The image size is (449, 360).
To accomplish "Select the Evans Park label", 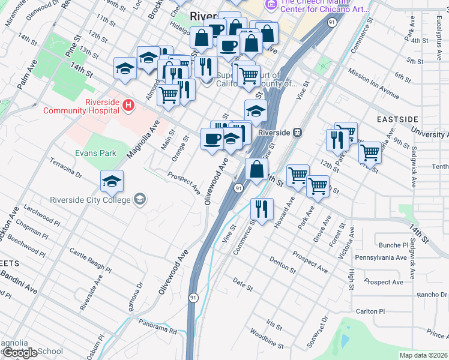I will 95,153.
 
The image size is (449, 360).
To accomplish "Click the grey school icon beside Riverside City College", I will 139,199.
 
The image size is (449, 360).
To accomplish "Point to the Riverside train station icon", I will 297,133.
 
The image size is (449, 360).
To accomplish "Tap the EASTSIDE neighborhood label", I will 397,119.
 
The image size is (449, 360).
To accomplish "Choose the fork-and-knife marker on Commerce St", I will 261,208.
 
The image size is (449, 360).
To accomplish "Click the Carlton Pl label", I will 370,311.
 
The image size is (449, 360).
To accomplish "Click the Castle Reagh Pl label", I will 90,260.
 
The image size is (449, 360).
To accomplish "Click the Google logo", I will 20,353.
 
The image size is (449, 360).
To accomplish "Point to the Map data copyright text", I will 423,355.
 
